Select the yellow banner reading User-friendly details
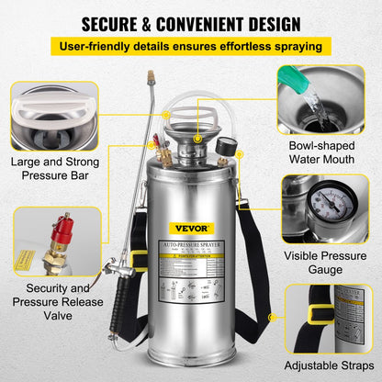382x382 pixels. pos(190,45)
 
